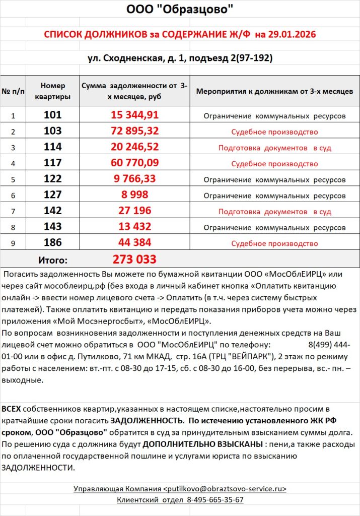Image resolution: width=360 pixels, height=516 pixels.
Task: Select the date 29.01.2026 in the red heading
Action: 292,34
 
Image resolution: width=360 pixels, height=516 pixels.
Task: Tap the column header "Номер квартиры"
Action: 53,91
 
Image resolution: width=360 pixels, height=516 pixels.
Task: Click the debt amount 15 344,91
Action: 134,115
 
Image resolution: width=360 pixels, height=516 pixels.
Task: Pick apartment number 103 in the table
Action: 53,131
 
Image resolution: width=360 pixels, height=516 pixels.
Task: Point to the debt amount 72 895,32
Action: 134,131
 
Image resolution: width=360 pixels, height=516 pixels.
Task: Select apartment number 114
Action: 53,147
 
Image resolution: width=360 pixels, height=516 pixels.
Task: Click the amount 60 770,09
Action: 134,163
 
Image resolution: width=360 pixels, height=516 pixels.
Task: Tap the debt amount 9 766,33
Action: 134,179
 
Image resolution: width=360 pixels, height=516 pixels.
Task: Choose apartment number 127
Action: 53,195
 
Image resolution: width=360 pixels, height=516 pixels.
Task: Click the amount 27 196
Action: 134,211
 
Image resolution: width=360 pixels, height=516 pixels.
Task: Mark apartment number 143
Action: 53,227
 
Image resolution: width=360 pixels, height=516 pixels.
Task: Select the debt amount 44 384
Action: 134,243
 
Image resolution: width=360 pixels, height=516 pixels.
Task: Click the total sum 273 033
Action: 134,260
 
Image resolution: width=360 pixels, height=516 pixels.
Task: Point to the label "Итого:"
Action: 53,261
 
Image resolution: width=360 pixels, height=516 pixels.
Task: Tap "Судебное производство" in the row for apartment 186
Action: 274,243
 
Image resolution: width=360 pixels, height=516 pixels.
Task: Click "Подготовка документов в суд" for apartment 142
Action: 274,211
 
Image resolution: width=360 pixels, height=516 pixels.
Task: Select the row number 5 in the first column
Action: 13,179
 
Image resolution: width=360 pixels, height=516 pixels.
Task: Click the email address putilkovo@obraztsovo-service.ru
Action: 226,489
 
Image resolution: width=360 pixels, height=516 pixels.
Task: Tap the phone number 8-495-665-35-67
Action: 215,500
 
